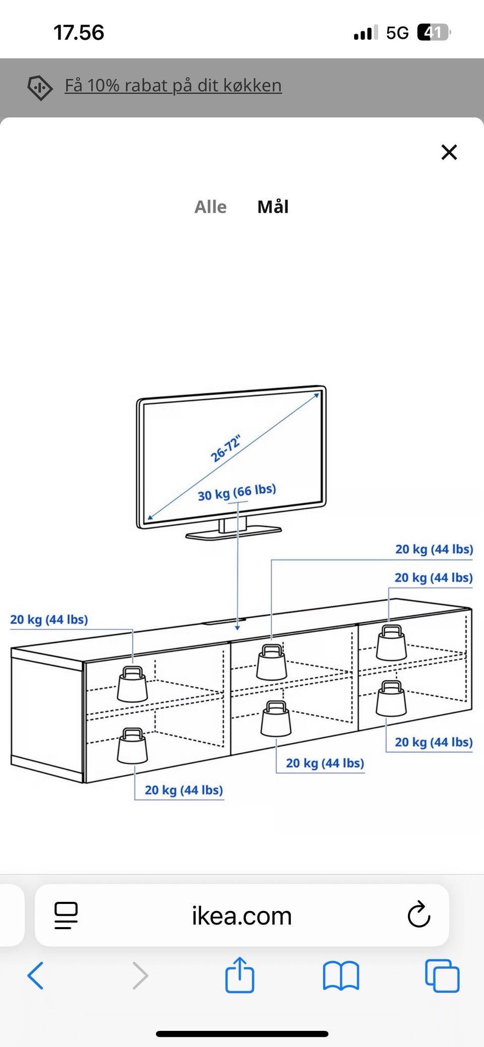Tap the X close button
tap(449, 152)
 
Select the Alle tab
tap(210, 207)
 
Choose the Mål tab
tap(273, 207)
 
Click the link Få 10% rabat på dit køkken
tap(173, 86)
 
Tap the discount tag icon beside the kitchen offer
tap(40, 88)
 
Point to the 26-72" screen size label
tap(225, 448)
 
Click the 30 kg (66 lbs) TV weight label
tap(236, 492)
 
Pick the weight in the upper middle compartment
tap(271, 662)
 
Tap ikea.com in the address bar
tap(241, 915)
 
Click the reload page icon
tap(418, 915)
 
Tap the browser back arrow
tap(35, 975)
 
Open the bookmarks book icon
tap(341, 975)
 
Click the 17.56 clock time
tap(79, 33)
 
